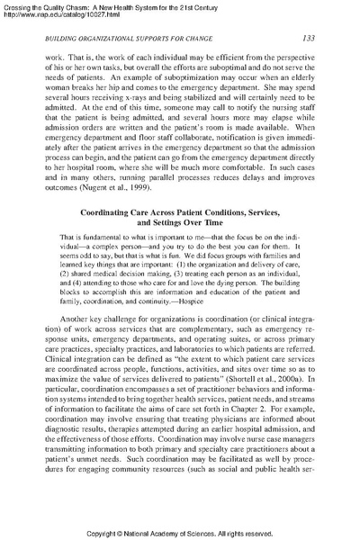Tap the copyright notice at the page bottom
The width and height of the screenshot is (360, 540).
[180, 531]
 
